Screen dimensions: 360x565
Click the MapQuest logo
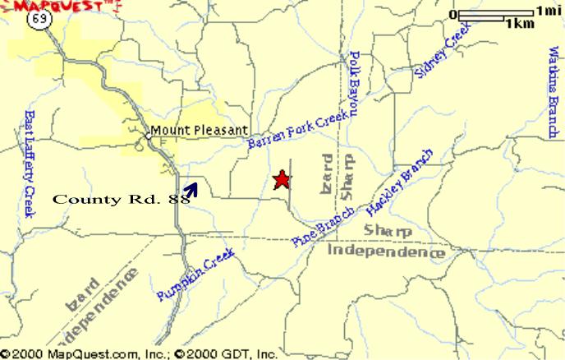(x=61, y=7)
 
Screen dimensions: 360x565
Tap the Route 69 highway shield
(x=37, y=21)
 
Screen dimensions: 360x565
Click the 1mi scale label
(x=548, y=11)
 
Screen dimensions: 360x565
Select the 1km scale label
(x=520, y=24)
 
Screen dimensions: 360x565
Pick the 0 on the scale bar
(x=453, y=15)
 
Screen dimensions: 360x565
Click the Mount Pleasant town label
(x=198, y=131)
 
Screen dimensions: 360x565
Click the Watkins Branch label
(x=553, y=90)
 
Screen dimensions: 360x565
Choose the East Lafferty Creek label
(x=30, y=164)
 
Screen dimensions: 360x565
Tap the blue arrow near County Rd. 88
(x=191, y=190)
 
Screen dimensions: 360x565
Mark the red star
(x=282, y=179)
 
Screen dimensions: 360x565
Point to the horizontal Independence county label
(x=385, y=251)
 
